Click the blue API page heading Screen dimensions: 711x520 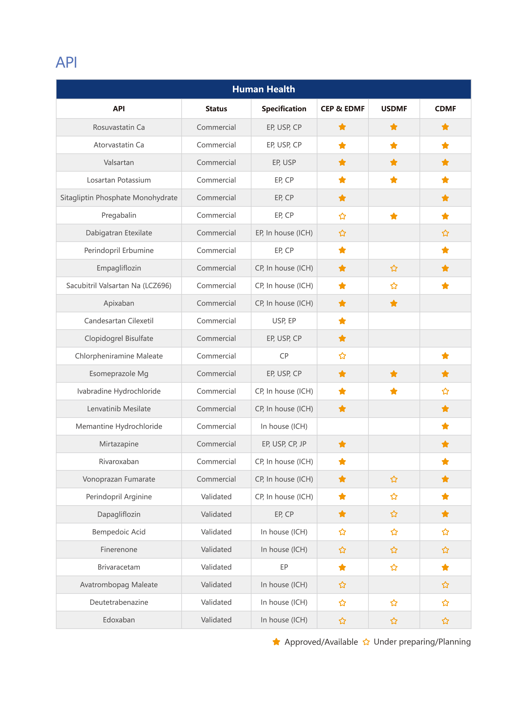click(x=66, y=62)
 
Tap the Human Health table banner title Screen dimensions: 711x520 click(x=264, y=89)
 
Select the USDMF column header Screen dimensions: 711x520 click(x=394, y=109)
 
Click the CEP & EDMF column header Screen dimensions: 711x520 click(x=342, y=109)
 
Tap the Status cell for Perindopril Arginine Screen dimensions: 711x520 click(x=216, y=496)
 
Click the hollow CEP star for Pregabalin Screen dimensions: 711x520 click(x=342, y=216)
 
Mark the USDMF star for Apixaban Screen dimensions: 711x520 click(x=394, y=303)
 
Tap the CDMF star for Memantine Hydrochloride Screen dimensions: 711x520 click(x=445, y=426)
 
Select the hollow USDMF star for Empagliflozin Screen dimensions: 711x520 click(x=394, y=268)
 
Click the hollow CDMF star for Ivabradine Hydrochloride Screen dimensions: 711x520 click(x=445, y=391)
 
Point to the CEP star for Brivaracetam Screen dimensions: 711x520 click(x=342, y=567)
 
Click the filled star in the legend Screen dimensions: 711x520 click(x=276, y=642)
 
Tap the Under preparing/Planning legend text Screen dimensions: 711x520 click(x=422, y=642)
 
